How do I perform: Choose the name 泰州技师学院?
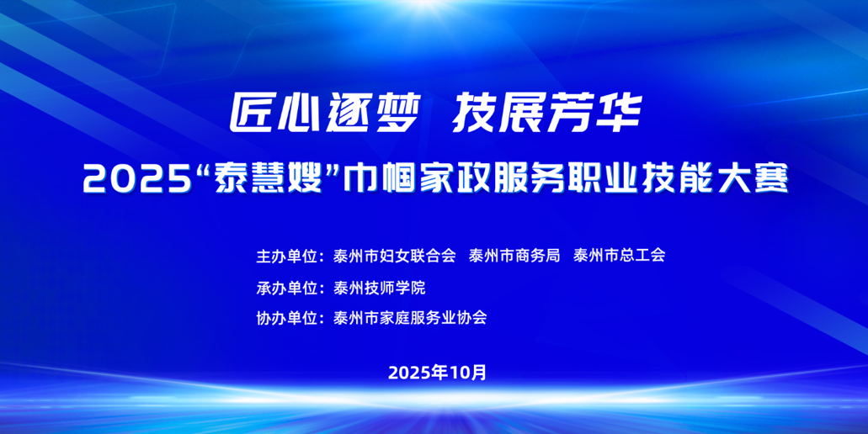coord(379,288)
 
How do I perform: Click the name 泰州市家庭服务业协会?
coord(410,319)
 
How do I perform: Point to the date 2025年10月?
coord(437,373)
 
